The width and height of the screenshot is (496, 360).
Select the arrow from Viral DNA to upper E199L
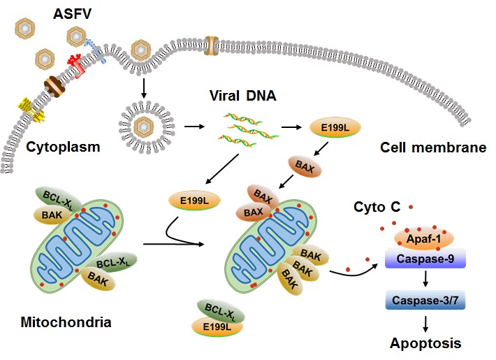coord(291,129)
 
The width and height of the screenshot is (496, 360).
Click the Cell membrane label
coord(432,148)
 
